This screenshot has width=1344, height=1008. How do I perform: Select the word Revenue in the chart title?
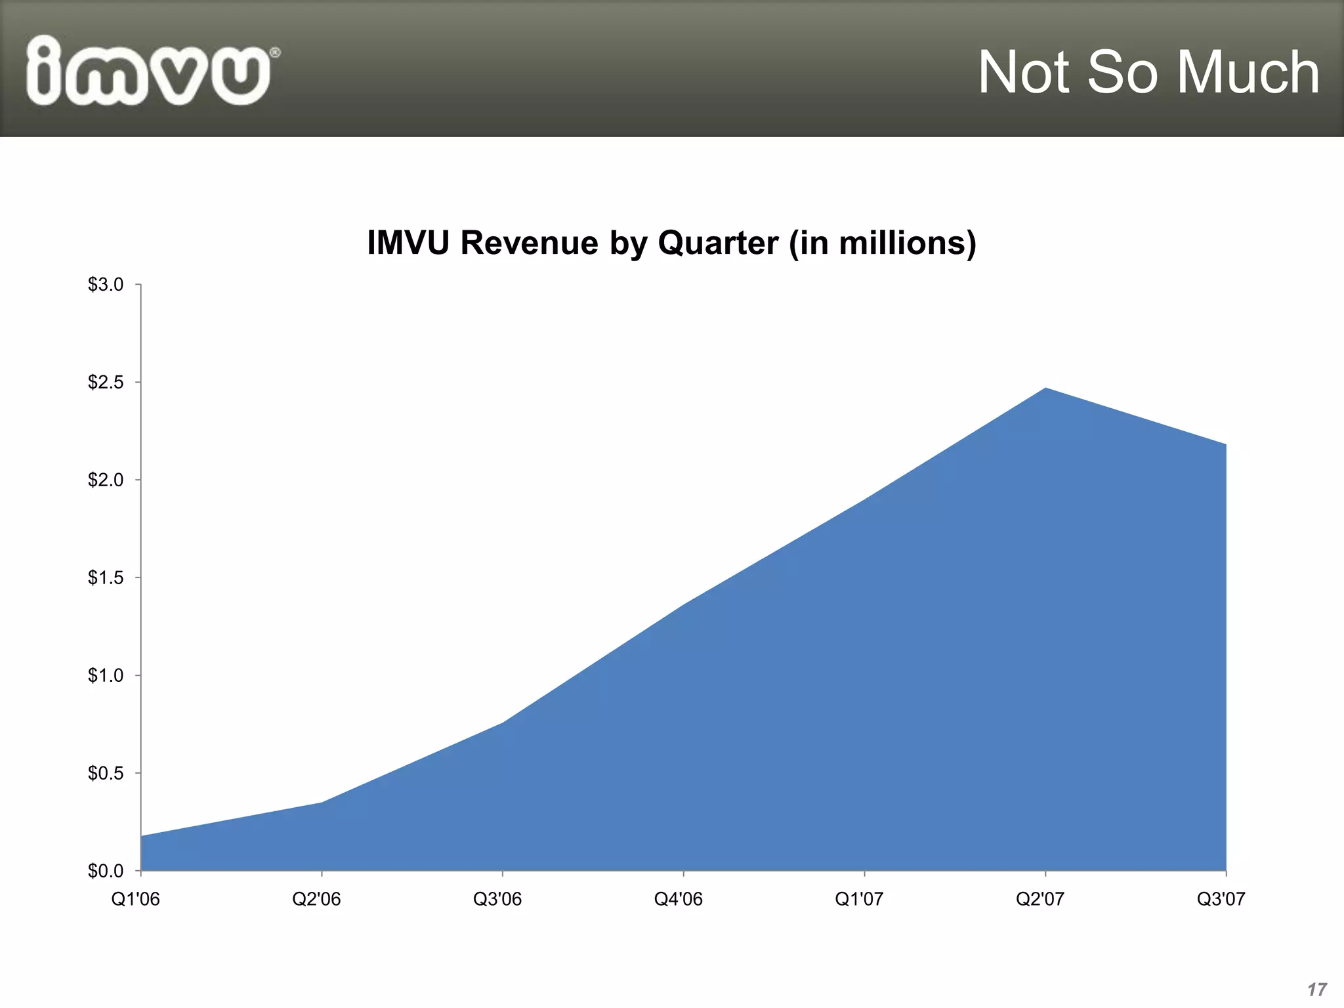(529, 243)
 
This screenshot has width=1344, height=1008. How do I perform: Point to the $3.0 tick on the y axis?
(106, 285)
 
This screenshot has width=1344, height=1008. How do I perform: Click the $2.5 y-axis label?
(106, 383)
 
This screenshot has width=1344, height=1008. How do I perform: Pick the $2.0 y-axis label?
(106, 480)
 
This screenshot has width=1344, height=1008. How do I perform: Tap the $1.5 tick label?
(106, 578)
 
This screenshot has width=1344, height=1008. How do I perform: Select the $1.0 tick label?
(106, 676)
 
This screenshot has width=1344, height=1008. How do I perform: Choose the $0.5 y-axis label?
(106, 774)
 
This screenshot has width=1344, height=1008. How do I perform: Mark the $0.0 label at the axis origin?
(106, 871)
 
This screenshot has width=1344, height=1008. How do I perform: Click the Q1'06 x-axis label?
(136, 900)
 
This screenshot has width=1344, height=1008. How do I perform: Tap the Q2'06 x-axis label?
(316, 900)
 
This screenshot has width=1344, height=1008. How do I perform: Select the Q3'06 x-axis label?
(497, 900)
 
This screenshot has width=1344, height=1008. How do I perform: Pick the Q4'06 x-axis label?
(679, 900)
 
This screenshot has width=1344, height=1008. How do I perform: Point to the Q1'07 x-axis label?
(859, 900)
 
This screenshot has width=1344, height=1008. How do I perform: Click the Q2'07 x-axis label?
(1040, 900)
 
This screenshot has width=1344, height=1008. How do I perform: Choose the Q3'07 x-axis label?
(1221, 900)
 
